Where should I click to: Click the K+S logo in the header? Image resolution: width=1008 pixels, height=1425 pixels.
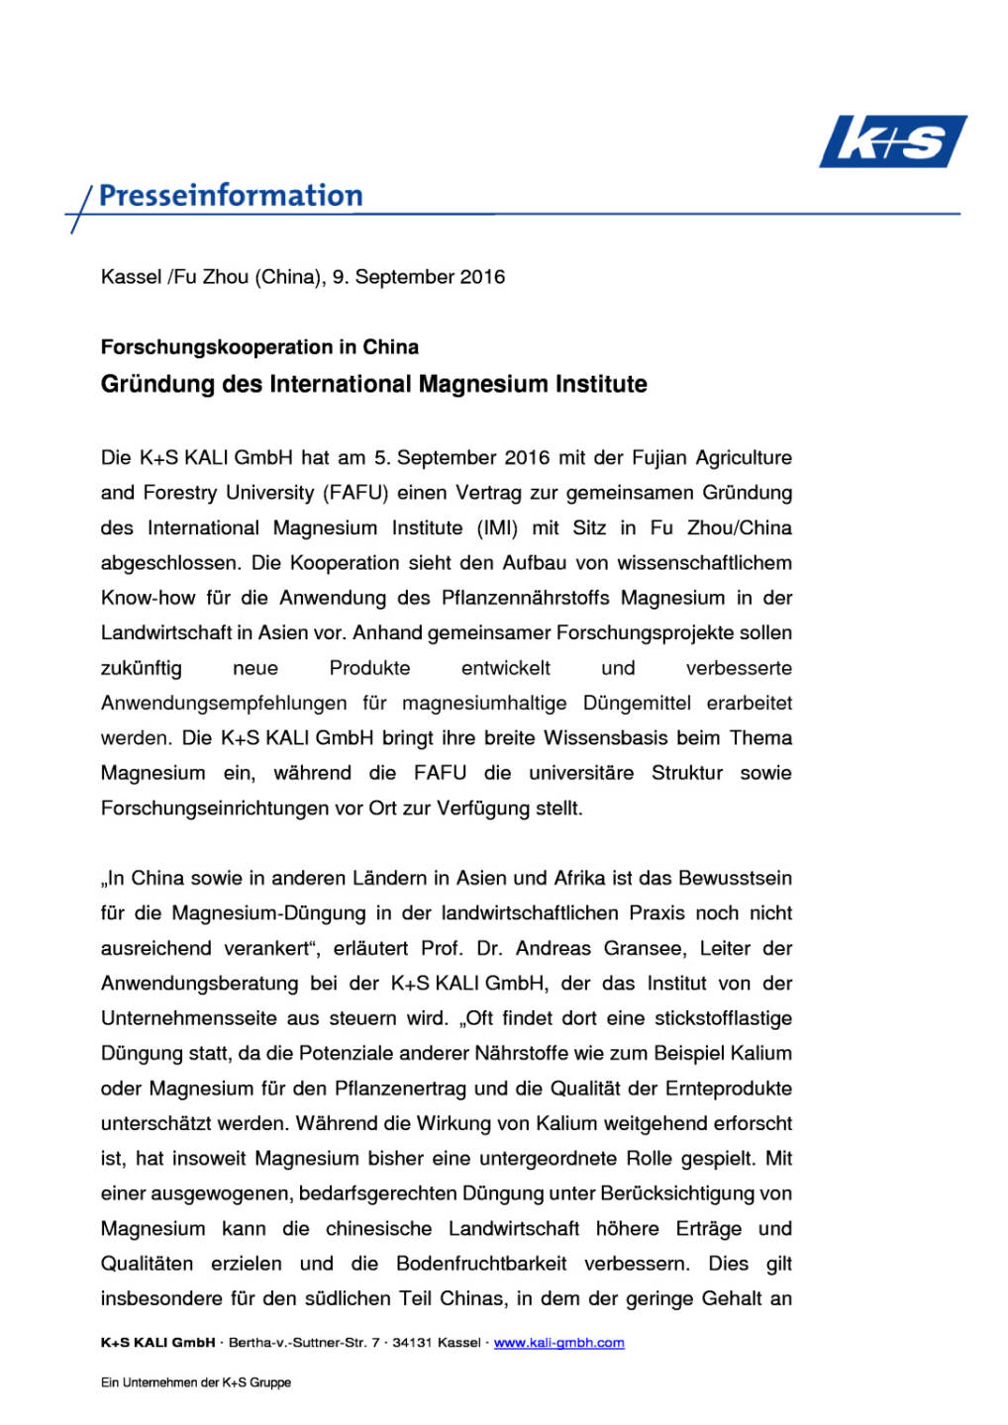pyautogui.click(x=892, y=142)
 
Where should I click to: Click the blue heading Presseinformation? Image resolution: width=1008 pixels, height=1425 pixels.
pyautogui.click(x=231, y=196)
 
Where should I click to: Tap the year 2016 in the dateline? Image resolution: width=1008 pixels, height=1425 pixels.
pyautogui.click(x=482, y=277)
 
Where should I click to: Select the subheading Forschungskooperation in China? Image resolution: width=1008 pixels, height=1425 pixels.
pyautogui.click(x=259, y=347)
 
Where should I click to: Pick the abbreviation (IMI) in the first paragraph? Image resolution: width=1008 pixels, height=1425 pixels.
pyautogui.click(x=498, y=527)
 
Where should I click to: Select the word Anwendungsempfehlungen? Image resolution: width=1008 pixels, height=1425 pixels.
pyautogui.click(x=224, y=703)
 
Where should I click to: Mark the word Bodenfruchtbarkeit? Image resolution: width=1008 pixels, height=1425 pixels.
pyautogui.click(x=481, y=1264)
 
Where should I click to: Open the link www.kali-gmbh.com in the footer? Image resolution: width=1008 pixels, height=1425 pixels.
pyautogui.click(x=558, y=1343)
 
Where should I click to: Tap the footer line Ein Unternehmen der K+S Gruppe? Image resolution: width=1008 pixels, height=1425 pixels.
pyautogui.click(x=196, y=1382)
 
